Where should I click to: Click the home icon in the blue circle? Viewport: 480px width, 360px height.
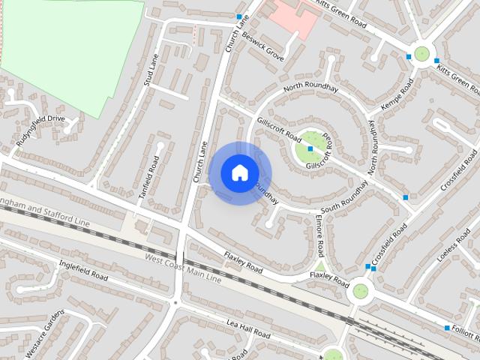tap(238, 172)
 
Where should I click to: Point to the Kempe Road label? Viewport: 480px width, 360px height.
tap(397, 97)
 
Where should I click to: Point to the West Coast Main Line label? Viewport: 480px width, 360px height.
tap(183, 268)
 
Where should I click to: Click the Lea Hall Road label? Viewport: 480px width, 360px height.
tap(247, 328)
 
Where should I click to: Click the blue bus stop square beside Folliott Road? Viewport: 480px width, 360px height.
tap(447, 328)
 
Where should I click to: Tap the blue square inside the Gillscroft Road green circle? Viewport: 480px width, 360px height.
tap(310, 149)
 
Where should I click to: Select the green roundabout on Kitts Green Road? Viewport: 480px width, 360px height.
tap(421, 53)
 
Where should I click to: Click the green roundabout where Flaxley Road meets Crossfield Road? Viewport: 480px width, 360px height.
tap(361, 290)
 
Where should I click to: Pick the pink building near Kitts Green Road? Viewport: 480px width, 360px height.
tap(294, 16)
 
